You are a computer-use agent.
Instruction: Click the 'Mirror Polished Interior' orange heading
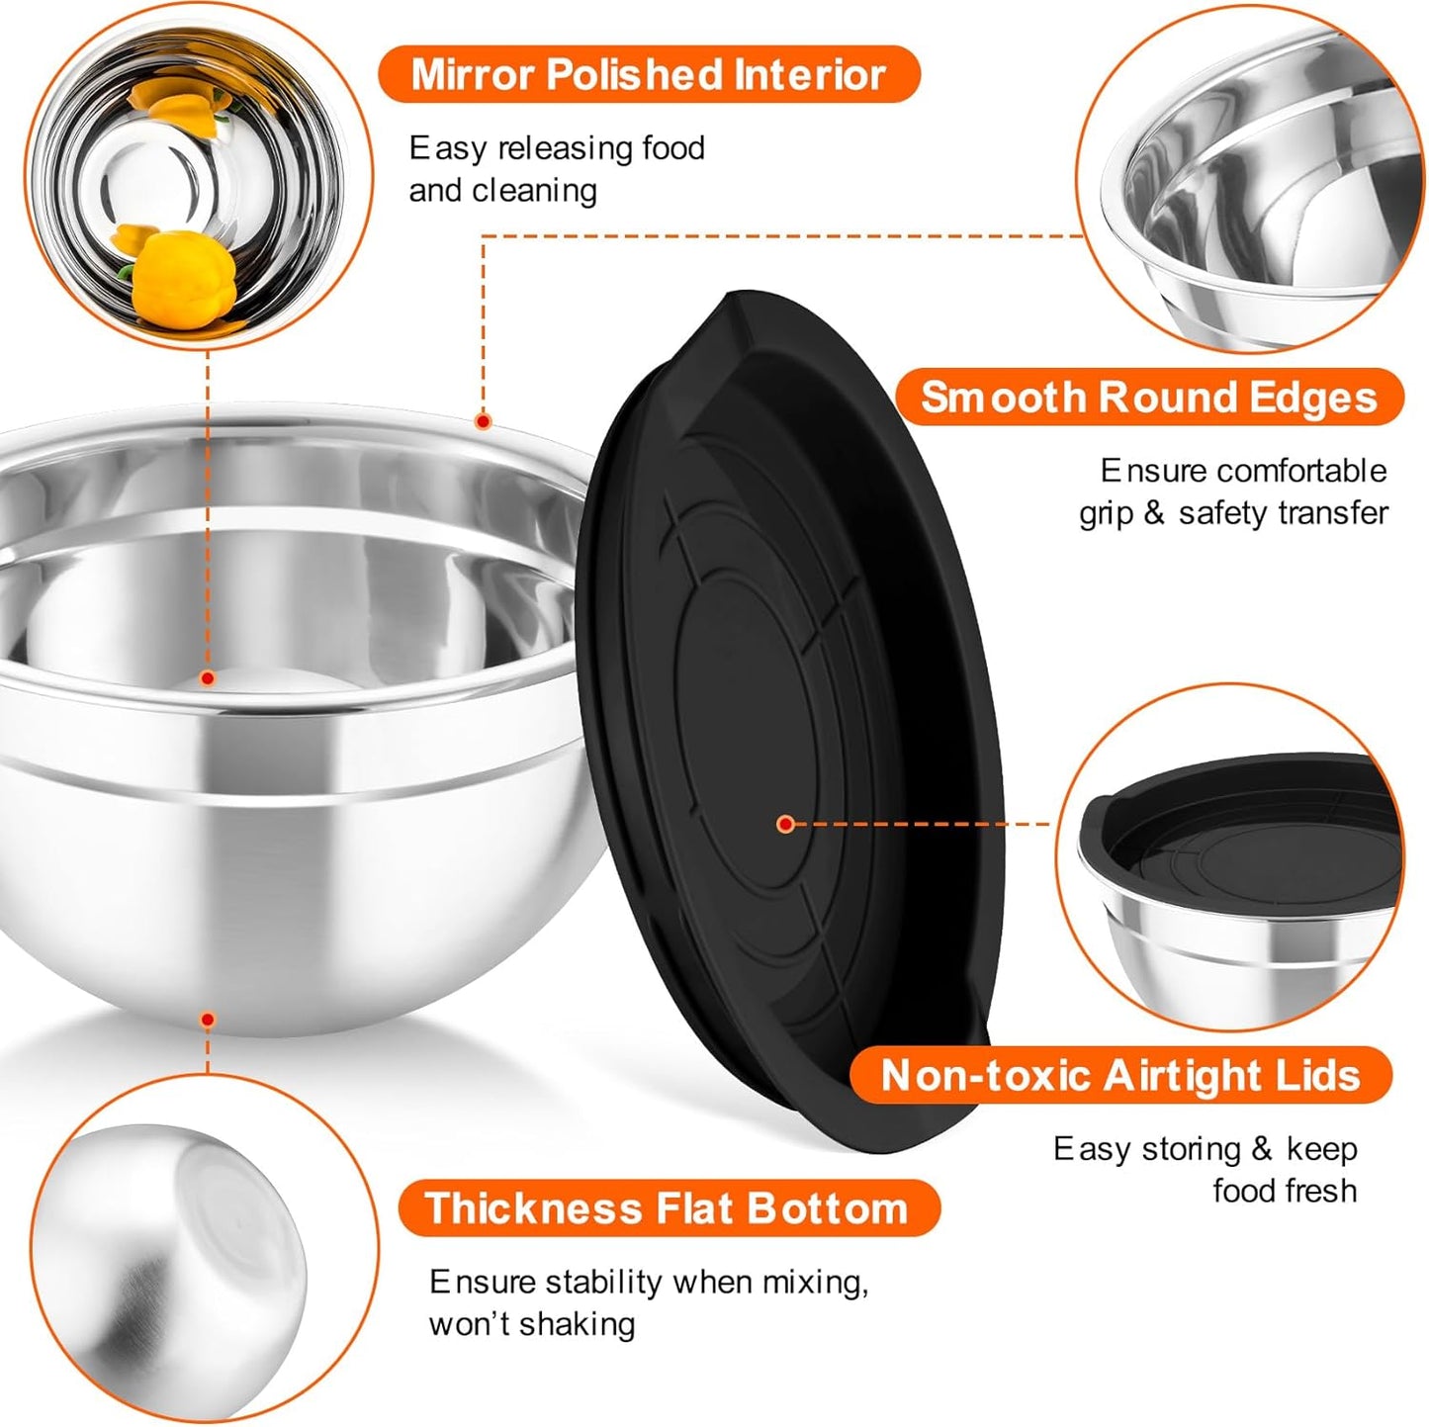click(x=649, y=75)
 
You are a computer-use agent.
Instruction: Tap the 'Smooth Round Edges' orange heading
click(x=1148, y=398)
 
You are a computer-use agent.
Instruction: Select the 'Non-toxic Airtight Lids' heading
click(x=1120, y=1076)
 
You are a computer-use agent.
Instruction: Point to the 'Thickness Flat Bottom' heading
click(x=668, y=1208)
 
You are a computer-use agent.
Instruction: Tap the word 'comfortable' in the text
click(x=1301, y=471)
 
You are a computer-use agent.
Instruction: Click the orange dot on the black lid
click(x=785, y=823)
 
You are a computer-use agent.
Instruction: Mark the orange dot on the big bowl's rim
click(x=483, y=421)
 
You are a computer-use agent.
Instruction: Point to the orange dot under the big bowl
click(x=208, y=1020)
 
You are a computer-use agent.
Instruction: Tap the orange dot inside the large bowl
click(x=208, y=678)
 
